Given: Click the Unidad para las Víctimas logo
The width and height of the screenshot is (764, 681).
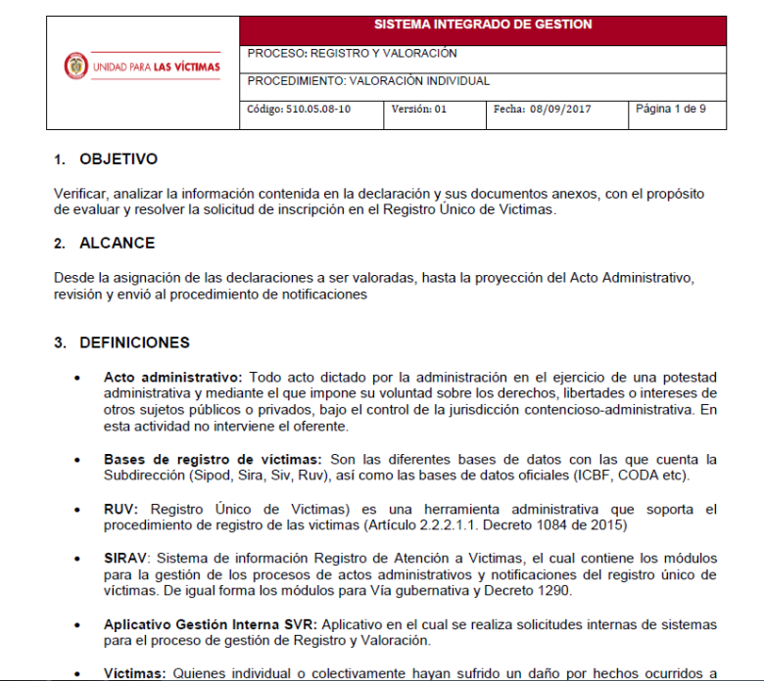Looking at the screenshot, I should tap(143, 67).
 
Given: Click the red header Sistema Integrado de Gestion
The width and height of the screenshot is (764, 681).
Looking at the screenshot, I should tap(483, 25).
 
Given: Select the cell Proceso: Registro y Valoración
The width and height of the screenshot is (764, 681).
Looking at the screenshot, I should tap(353, 54).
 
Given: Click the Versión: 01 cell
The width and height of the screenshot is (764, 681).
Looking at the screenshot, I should tap(419, 110).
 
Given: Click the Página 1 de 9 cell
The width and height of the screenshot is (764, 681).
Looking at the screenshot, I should tap(671, 109).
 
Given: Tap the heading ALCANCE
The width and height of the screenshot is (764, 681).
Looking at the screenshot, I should tap(118, 244).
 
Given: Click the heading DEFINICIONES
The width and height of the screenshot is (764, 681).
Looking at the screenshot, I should tap(134, 342).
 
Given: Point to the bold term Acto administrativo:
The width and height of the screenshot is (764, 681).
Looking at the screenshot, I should tap(172, 377).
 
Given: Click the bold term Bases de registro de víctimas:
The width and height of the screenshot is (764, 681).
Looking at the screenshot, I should tap(212, 459).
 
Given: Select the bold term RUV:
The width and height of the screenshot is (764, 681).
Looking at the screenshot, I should tap(122, 510).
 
